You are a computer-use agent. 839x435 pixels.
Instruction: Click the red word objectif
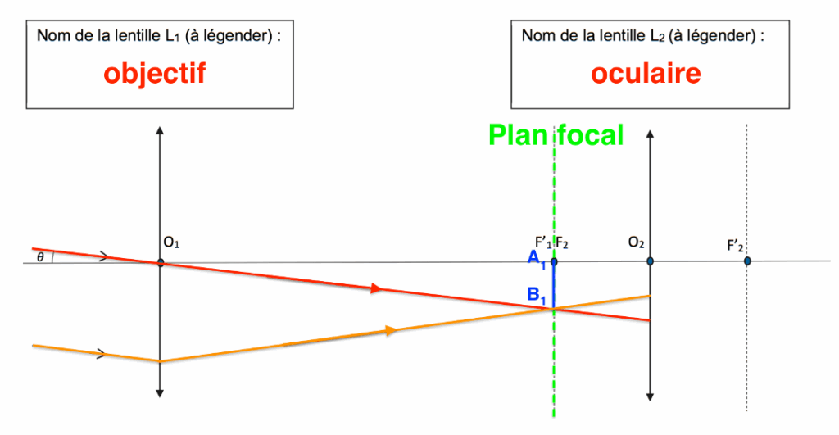tap(154, 74)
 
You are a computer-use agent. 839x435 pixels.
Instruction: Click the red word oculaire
tap(646, 74)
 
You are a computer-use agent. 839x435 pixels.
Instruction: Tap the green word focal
tap(590, 135)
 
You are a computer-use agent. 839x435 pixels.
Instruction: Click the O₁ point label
tap(170, 242)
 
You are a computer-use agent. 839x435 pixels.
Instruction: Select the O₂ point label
tap(637, 242)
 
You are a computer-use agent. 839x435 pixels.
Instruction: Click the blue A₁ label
tap(536, 261)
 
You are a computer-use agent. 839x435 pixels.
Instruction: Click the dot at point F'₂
tap(747, 261)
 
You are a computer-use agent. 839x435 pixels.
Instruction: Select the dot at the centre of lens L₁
tap(161, 262)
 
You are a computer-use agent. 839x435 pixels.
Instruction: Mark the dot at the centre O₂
tap(650, 261)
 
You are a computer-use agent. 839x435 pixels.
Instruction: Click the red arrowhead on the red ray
tap(376, 288)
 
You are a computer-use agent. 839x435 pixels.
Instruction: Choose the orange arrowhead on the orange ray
tap(391, 330)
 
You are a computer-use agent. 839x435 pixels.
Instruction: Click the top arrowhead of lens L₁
tap(161, 130)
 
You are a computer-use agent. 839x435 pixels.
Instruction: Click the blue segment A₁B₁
tap(554, 285)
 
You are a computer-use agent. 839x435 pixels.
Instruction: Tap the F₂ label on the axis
tap(563, 242)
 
